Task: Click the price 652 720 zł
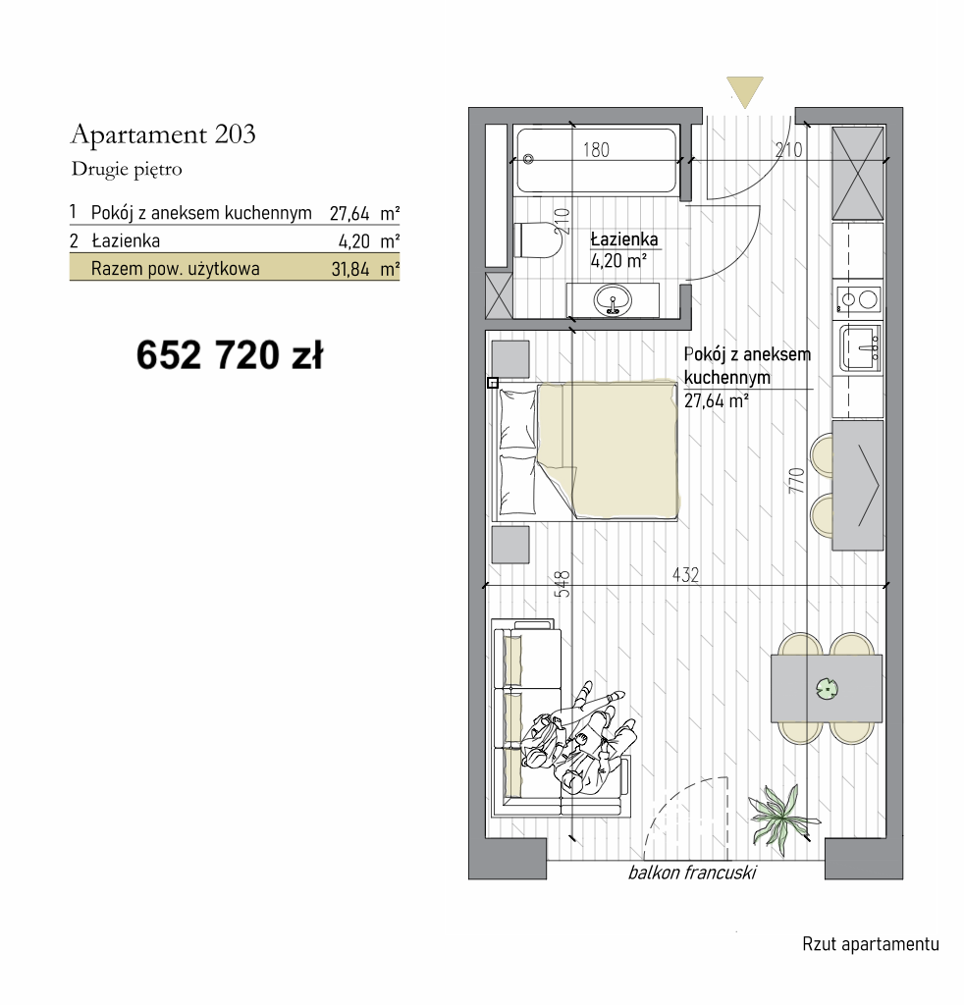(x=230, y=355)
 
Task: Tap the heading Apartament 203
(x=163, y=133)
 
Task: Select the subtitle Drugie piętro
(x=127, y=169)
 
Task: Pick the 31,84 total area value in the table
(x=350, y=269)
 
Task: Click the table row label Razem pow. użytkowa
(x=175, y=269)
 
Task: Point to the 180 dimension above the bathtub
(x=596, y=149)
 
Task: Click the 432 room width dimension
(x=685, y=574)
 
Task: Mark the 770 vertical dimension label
(x=797, y=480)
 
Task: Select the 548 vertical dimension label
(x=562, y=584)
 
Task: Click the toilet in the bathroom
(x=537, y=240)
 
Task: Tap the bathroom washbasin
(x=613, y=300)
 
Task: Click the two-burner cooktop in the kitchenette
(x=858, y=299)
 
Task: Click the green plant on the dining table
(x=827, y=689)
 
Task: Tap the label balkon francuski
(x=692, y=873)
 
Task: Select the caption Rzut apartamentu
(x=871, y=944)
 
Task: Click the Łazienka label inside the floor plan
(x=624, y=239)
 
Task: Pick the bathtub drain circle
(x=528, y=159)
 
